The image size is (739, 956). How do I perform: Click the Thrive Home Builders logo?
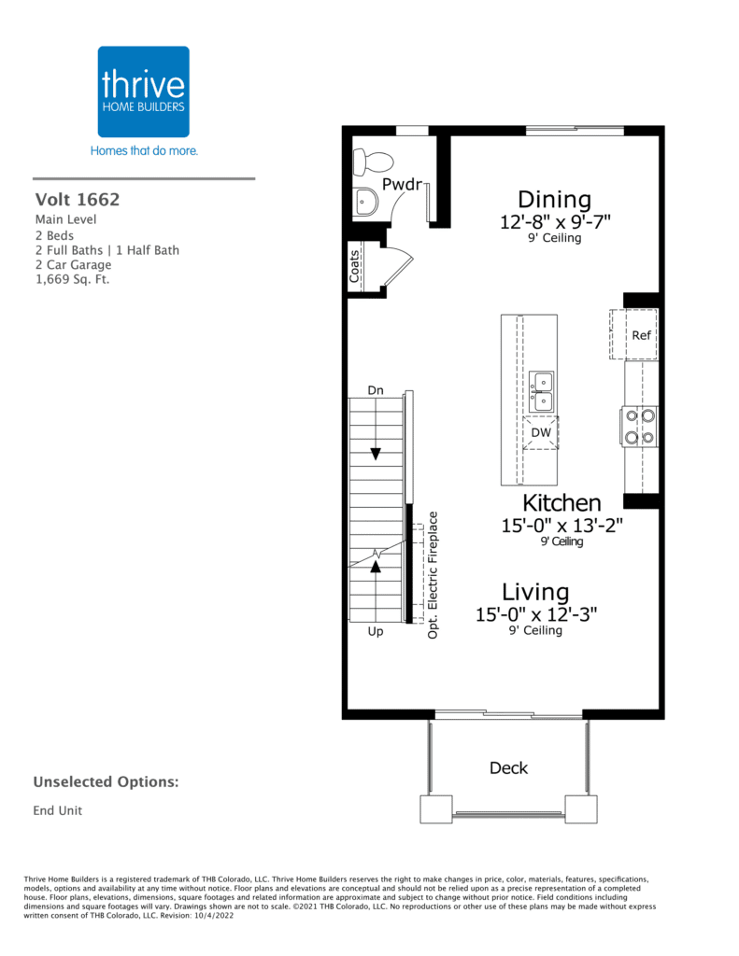pyautogui.click(x=144, y=91)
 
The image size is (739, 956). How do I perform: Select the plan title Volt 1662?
pyautogui.click(x=78, y=199)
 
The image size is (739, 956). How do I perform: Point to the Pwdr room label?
pyautogui.click(x=400, y=184)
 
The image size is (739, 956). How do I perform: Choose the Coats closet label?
pyautogui.click(x=355, y=265)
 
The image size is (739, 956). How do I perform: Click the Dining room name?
pyautogui.click(x=554, y=199)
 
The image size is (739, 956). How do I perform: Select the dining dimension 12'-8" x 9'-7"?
pyautogui.click(x=554, y=222)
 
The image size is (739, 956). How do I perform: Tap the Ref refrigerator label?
pyautogui.click(x=641, y=335)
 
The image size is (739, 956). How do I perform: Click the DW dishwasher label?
pyautogui.click(x=541, y=432)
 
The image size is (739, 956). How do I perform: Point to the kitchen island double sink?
pyautogui.click(x=541, y=392)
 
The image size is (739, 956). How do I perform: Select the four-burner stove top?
pyautogui.click(x=640, y=426)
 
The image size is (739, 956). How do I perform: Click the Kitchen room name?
pyautogui.click(x=561, y=503)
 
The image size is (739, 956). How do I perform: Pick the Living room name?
pyautogui.click(x=535, y=592)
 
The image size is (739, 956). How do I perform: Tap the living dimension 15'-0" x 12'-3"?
pyautogui.click(x=535, y=614)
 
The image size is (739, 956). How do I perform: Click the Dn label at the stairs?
pyautogui.click(x=376, y=389)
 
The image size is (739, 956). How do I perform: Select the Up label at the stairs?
pyautogui.click(x=376, y=632)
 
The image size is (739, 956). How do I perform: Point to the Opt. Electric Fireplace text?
pyautogui.click(x=433, y=573)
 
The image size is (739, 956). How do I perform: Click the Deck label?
pyautogui.click(x=508, y=768)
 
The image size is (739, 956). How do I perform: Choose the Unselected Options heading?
pyautogui.click(x=106, y=781)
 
